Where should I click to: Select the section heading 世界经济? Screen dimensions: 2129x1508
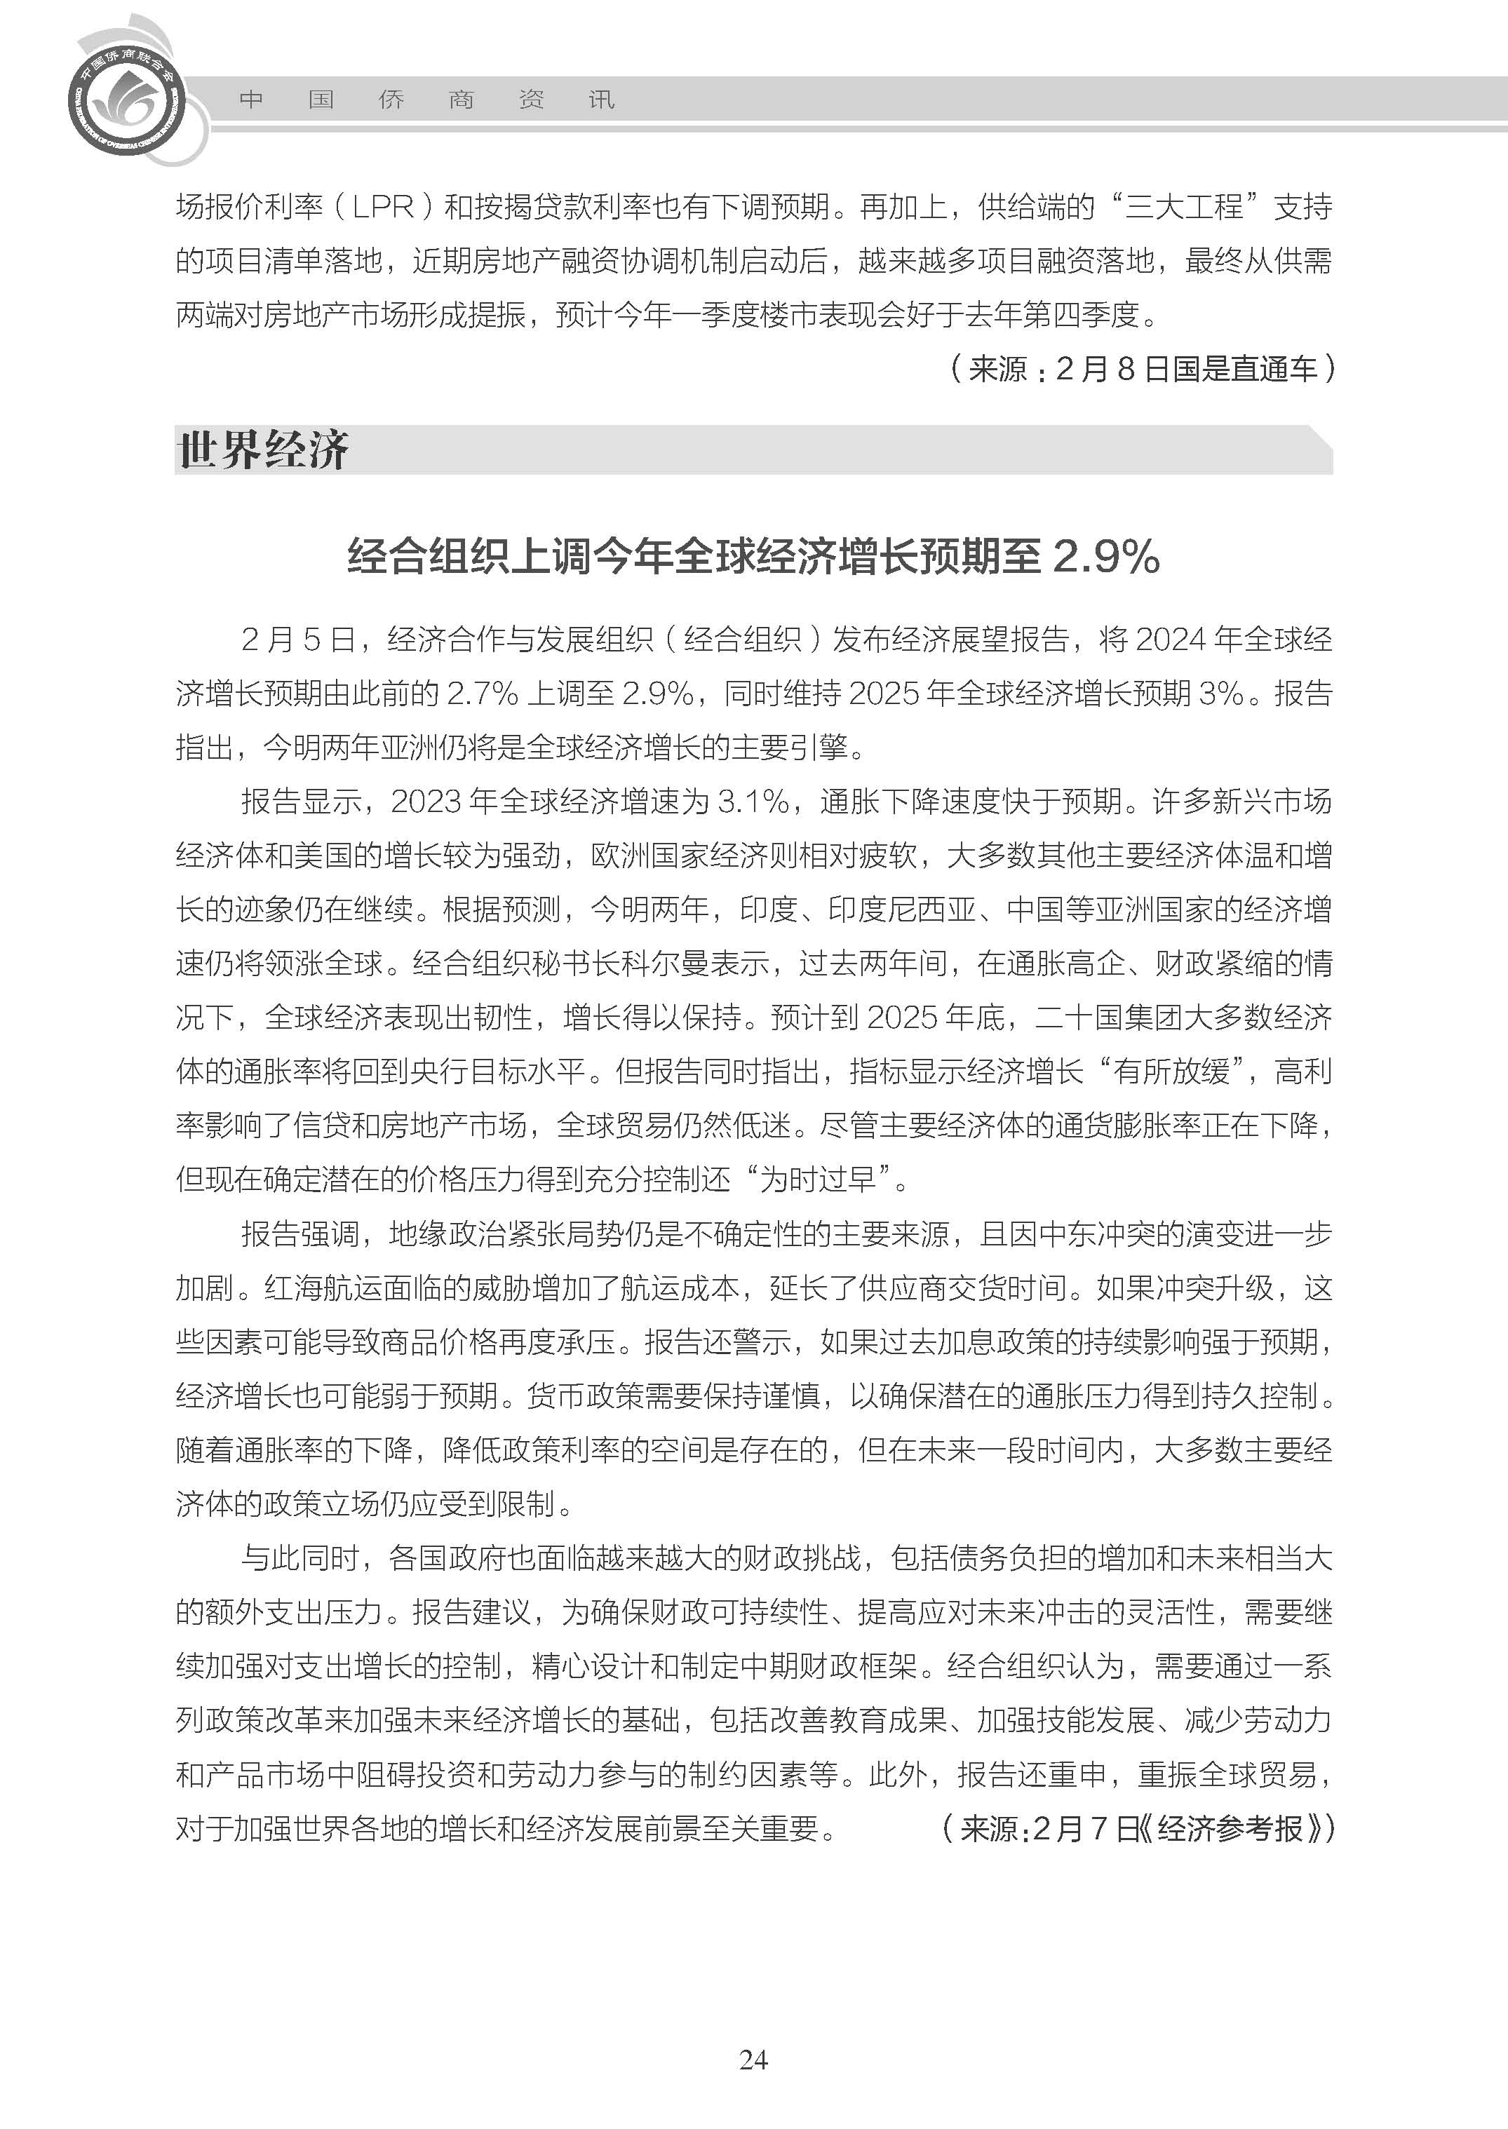263,450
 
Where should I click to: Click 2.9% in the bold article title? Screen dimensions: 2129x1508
1106,557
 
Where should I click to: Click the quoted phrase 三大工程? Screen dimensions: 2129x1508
1184,206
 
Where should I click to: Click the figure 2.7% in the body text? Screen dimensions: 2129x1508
482,693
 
